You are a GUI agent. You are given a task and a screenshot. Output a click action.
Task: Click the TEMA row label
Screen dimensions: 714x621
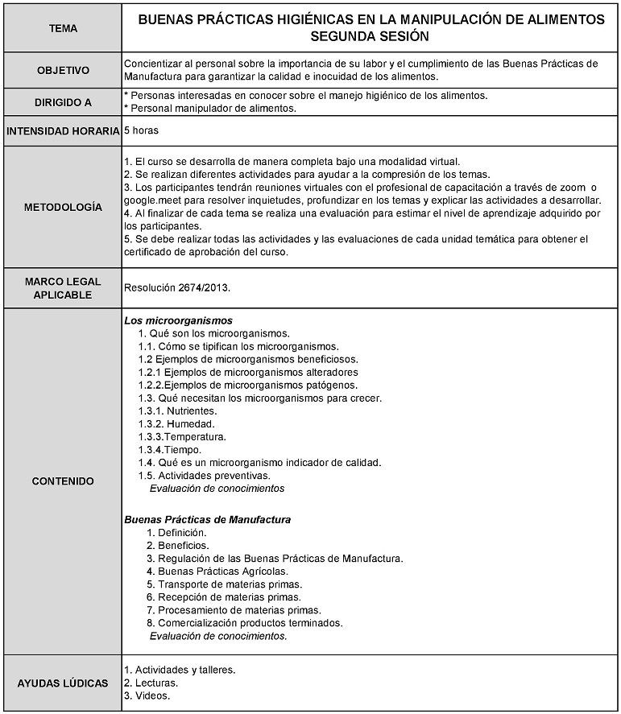[63, 28]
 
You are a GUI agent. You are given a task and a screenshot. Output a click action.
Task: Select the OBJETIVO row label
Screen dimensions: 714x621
[63, 70]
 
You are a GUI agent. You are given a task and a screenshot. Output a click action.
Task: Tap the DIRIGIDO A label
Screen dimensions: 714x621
[63, 102]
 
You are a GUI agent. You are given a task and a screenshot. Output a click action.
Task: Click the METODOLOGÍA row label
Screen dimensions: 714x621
[63, 207]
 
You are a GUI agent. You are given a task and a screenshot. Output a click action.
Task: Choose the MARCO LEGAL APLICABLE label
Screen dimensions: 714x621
[63, 288]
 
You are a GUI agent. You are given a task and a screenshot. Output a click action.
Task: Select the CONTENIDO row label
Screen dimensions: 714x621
[63, 481]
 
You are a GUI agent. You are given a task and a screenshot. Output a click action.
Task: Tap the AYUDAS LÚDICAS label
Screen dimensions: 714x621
[63, 683]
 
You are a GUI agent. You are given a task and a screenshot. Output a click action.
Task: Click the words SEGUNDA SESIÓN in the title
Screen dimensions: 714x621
[370, 37]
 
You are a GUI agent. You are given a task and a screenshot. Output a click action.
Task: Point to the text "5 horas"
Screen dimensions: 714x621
[143, 130]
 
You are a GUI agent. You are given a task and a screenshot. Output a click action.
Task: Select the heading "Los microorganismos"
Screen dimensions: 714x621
[178, 320]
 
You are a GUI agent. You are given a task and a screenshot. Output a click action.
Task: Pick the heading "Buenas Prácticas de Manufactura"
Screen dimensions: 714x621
[207, 520]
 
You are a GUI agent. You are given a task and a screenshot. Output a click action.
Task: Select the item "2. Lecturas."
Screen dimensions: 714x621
[151, 683]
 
